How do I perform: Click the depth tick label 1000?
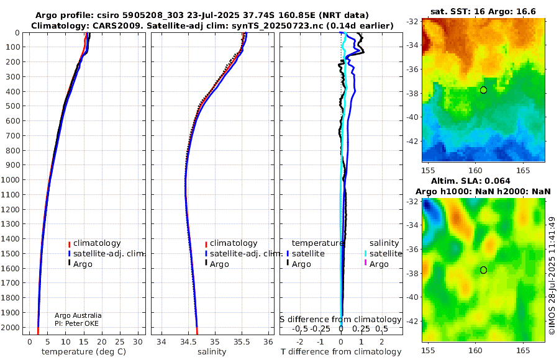click(x=10, y=179)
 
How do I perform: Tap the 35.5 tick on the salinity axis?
click(x=242, y=342)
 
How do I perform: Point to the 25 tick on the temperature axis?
click(x=120, y=342)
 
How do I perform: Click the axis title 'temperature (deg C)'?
click(x=84, y=352)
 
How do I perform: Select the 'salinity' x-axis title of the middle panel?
click(x=212, y=352)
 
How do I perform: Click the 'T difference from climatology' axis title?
click(x=341, y=352)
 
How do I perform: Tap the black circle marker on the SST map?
click(x=483, y=90)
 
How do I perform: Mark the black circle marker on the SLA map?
click(x=483, y=270)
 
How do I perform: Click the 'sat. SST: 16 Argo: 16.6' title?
click(x=483, y=11)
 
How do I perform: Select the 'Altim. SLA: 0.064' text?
click(x=471, y=181)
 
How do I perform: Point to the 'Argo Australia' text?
click(x=78, y=315)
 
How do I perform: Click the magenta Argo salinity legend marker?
click(x=365, y=263)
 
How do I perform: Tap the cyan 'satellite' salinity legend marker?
click(x=365, y=253)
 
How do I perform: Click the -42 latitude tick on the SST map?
click(x=412, y=141)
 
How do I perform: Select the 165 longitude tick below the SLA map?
click(x=523, y=351)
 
